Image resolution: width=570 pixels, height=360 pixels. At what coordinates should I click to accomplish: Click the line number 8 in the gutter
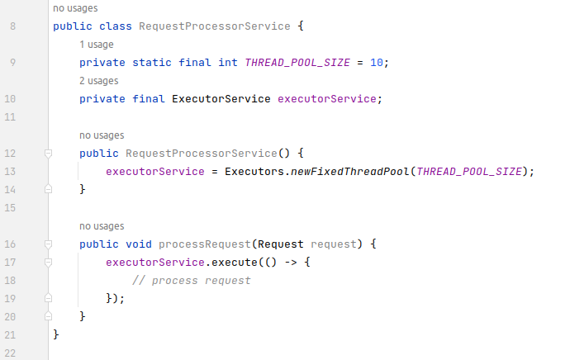click(x=11, y=26)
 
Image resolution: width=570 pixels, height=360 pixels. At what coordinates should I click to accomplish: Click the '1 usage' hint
click(x=97, y=45)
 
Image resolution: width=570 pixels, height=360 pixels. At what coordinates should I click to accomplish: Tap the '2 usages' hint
click(x=99, y=81)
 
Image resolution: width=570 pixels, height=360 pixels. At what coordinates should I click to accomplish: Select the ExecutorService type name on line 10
click(x=221, y=99)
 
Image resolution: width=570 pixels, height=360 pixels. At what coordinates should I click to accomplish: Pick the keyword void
click(x=139, y=244)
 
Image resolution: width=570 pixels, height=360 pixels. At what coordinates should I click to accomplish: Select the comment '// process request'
click(x=191, y=281)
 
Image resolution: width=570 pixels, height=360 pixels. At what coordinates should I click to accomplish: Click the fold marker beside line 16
click(x=48, y=244)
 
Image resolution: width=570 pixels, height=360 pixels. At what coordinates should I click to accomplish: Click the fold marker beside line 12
click(x=48, y=154)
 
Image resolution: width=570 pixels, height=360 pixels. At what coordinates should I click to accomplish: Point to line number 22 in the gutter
click(x=11, y=353)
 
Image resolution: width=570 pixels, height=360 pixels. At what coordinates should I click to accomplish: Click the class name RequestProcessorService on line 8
click(x=214, y=26)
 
